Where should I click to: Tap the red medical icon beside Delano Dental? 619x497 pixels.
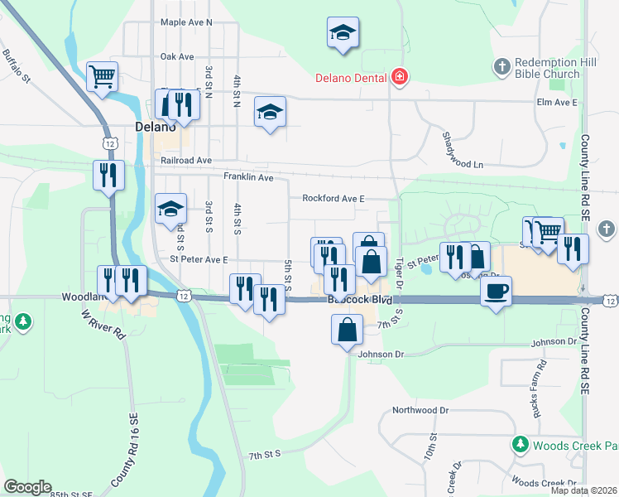coord(400,78)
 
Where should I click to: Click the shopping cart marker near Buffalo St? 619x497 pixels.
coord(102,78)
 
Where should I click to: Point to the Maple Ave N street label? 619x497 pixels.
coord(186,22)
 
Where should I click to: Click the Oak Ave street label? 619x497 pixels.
coord(177,56)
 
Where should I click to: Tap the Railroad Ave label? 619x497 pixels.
coord(187,160)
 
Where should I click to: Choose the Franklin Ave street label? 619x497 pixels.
coord(248,177)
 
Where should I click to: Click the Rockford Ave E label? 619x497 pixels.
coord(333,199)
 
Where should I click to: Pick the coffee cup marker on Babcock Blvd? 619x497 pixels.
coord(496,292)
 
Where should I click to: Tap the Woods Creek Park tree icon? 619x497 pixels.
coord(521,446)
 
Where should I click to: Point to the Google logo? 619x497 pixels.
coord(27,487)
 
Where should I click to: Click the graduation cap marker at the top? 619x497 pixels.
coord(342,33)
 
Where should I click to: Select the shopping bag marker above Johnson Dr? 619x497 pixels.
coord(346,331)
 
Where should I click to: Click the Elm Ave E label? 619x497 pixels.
coord(556,102)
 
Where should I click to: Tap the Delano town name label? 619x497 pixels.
coord(156,128)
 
